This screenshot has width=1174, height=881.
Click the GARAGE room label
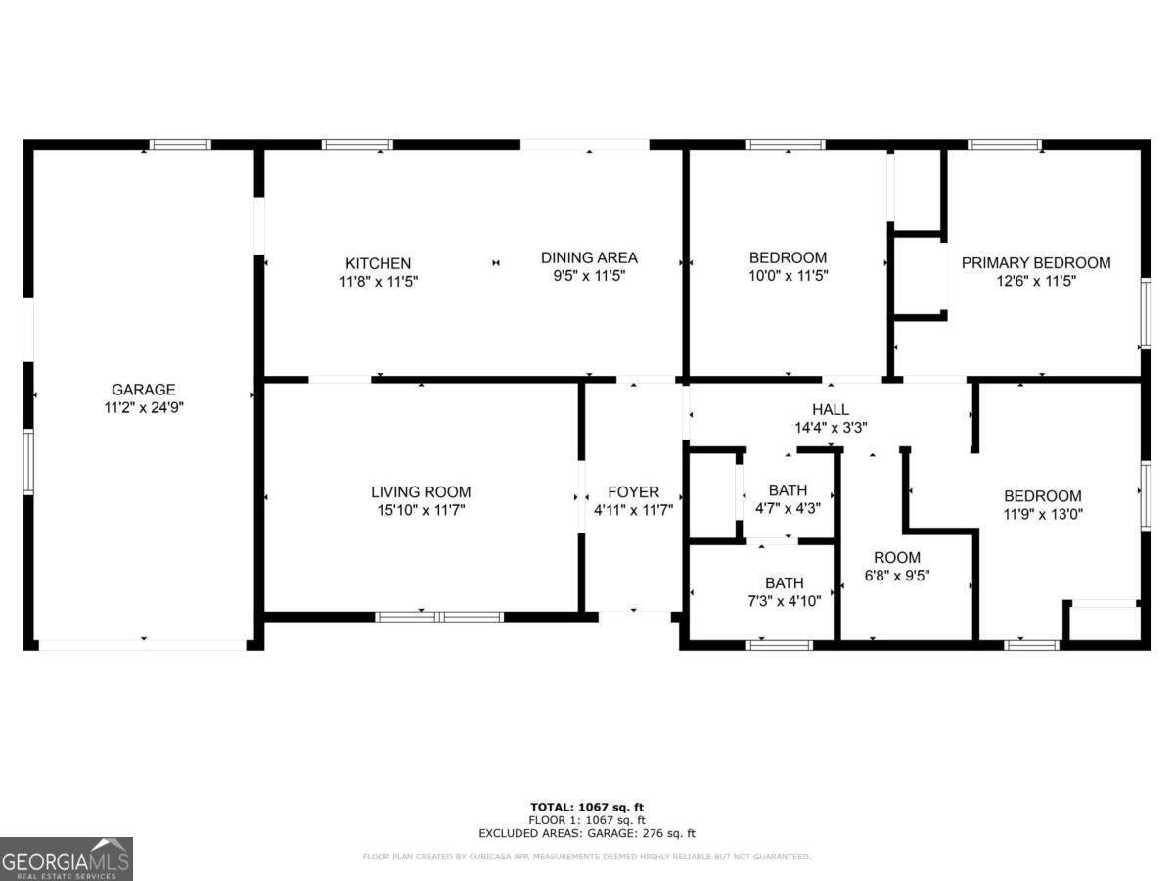coord(143,389)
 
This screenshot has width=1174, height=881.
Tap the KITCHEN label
coord(378,263)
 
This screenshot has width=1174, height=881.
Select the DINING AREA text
coord(589,257)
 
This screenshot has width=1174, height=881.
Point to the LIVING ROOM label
coord(421,491)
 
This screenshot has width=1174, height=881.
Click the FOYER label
coord(633,491)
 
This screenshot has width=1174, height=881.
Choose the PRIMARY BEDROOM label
coord(1036,262)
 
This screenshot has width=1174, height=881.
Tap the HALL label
coord(831,409)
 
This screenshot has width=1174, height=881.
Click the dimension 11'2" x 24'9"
coord(143,407)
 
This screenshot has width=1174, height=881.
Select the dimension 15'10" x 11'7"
coord(421,510)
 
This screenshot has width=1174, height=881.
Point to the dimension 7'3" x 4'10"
coord(784,601)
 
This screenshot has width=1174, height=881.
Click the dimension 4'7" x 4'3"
coord(788,508)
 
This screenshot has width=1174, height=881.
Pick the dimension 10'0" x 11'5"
coord(788,276)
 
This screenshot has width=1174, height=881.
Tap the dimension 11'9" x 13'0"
coord(1042,513)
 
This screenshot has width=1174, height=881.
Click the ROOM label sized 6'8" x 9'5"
coord(896,557)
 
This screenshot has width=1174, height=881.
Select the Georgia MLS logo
coord(67,858)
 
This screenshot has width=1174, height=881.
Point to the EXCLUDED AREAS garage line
coord(587,834)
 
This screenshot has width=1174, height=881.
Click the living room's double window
coord(439,617)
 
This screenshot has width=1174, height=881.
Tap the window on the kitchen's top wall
coord(357,145)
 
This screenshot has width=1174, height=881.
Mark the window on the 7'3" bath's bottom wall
coord(779,645)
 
